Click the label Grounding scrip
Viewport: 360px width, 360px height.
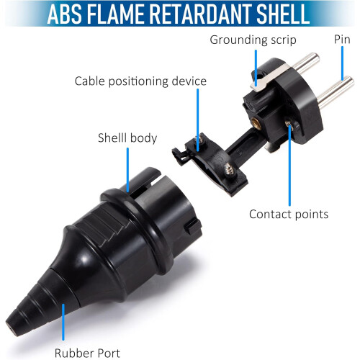coord(253,40)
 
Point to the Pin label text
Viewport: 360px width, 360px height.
coord(342,39)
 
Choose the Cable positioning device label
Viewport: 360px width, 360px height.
coord(140,81)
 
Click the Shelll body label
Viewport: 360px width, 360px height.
coord(127,138)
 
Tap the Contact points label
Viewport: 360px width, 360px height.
coord(289,214)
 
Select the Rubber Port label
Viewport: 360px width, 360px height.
coord(87,353)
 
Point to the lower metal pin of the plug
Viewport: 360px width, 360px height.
coord(336,91)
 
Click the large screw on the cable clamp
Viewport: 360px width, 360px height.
coord(230,168)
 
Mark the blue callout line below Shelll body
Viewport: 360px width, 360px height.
coord(127,170)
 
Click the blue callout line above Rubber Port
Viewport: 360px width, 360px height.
coord(63,322)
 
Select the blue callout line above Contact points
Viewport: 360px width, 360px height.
coord(290,164)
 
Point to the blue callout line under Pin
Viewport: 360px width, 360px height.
coord(342,63)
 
